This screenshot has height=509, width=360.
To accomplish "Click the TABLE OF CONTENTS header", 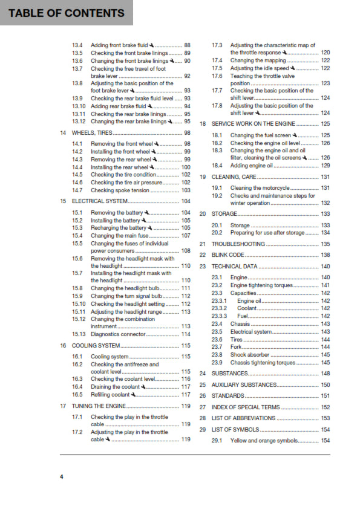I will point(67,13).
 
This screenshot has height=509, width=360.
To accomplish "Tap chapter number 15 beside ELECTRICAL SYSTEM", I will point(63,201).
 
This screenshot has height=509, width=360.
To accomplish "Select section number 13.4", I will point(77,45).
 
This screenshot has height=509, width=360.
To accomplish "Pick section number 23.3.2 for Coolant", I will point(219,308).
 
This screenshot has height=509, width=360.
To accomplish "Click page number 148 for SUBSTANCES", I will point(325,374).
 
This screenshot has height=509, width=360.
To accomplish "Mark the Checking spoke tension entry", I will point(120,190).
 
